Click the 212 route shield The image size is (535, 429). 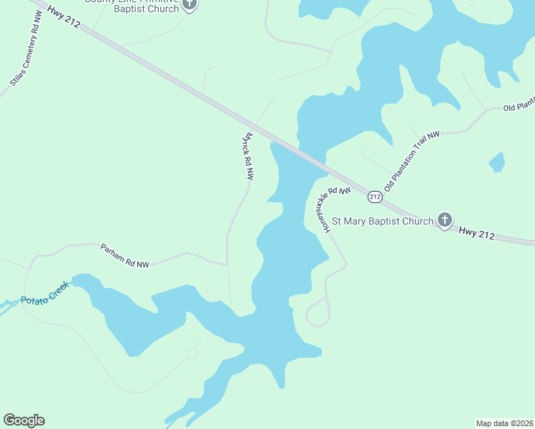tap(375, 196)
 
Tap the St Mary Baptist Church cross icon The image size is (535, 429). tap(444, 220)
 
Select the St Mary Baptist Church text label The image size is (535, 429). tap(383, 221)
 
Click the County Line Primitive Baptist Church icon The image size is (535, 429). tap(190, 5)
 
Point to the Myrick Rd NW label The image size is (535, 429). tap(249, 155)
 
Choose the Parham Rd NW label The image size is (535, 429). tap(124, 255)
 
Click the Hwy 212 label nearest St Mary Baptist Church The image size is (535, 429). tap(476, 232)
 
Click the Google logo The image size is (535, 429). tap(24, 420)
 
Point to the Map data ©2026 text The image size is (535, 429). tap(504, 423)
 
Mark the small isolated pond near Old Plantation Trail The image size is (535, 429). tap(497, 162)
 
